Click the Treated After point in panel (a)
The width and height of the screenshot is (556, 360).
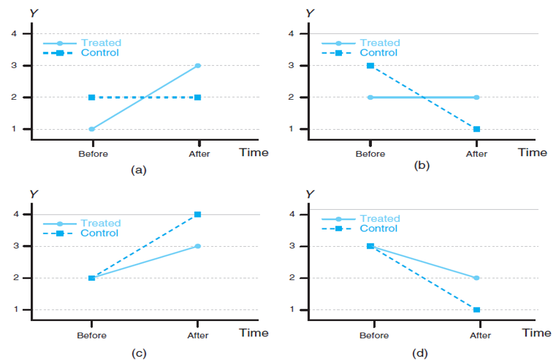click(198, 65)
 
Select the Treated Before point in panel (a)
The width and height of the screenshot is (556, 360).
click(92, 129)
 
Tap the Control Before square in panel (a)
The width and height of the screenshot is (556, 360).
click(92, 97)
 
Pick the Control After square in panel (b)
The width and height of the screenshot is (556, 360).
click(477, 129)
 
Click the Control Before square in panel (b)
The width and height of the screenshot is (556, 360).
click(370, 65)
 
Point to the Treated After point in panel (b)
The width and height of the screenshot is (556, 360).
click(477, 97)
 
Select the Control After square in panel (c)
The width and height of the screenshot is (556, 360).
click(198, 214)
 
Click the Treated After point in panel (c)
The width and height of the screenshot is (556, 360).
click(198, 246)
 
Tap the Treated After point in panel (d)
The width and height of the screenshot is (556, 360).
click(477, 278)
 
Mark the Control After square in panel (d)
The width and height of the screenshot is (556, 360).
click(477, 310)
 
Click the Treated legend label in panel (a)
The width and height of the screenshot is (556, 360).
click(101, 43)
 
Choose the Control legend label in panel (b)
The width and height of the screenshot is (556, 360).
click(379, 52)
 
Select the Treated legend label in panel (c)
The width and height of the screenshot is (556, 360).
click(100, 223)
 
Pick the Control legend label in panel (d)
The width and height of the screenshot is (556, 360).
click(379, 228)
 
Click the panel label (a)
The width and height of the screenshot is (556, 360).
click(139, 169)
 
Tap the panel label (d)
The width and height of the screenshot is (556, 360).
click(421, 352)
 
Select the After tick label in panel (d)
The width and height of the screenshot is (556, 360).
click(480, 335)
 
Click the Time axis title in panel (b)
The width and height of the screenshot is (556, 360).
click(532, 152)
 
